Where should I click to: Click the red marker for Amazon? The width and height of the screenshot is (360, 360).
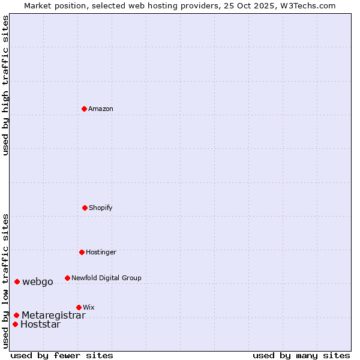[85, 109]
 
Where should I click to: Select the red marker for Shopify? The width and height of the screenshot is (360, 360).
[85, 208]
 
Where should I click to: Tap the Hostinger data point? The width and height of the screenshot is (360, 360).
[82, 252]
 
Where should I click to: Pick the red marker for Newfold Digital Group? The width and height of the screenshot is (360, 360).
[68, 278]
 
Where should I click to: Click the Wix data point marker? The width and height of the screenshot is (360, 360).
[79, 307]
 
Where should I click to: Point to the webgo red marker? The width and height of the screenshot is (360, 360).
[17, 281]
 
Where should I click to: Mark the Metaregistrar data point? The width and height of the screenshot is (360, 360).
[17, 315]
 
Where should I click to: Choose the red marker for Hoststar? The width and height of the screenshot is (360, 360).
[16, 324]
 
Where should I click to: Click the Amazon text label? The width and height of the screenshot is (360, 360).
[101, 109]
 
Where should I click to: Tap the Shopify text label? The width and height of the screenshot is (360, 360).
[101, 208]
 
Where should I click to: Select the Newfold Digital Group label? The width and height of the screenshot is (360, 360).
[106, 278]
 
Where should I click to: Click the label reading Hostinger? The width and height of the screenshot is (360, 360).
[101, 252]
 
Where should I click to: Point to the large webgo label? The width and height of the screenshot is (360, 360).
[38, 281]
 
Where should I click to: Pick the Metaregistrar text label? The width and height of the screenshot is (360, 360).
[53, 315]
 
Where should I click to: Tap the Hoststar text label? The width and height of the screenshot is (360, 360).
[40, 325]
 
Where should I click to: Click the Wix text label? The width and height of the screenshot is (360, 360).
[89, 307]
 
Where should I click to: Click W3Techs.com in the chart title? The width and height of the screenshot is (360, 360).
[308, 5]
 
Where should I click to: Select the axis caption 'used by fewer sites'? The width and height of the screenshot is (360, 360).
[62, 355]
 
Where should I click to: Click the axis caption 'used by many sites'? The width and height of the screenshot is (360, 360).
[301, 355]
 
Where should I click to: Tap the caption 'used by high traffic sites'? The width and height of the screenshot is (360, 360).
[5, 85]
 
